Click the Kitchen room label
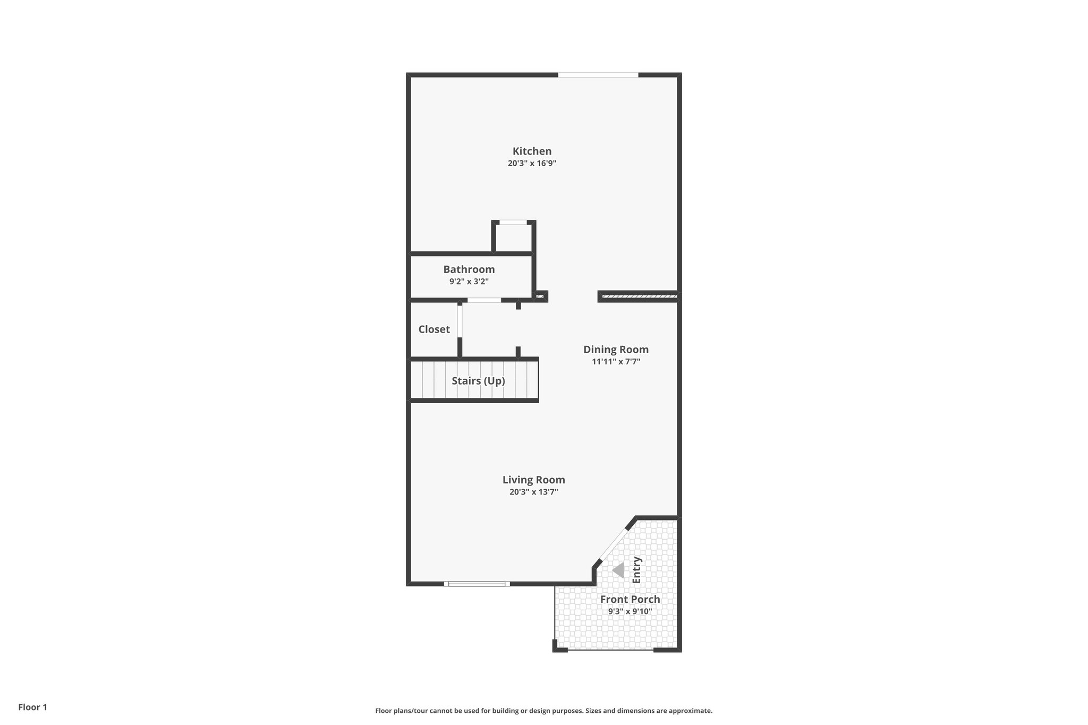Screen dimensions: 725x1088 pyautogui.click(x=532, y=151)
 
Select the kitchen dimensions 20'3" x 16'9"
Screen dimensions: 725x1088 pyautogui.click(x=532, y=164)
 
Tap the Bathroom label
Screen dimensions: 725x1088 pyautogui.click(x=469, y=269)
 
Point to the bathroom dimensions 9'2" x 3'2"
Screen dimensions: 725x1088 pyautogui.click(x=469, y=282)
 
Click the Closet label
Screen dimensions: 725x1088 pyautogui.click(x=434, y=329)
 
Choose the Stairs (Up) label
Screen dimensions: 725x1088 pyautogui.click(x=478, y=381)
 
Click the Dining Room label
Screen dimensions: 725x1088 pyautogui.click(x=616, y=349)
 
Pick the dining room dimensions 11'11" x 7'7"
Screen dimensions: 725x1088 pyautogui.click(x=616, y=362)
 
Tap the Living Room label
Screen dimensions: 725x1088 pyautogui.click(x=533, y=480)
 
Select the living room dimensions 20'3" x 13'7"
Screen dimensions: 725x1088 pyautogui.click(x=533, y=492)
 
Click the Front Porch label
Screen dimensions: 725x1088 pyautogui.click(x=630, y=599)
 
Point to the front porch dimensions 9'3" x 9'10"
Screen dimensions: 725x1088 pyautogui.click(x=630, y=611)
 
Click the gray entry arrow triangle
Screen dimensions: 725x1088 pyautogui.click(x=618, y=570)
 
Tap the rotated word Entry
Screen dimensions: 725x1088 pyautogui.click(x=636, y=570)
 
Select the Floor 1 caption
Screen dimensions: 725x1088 pyautogui.click(x=32, y=707)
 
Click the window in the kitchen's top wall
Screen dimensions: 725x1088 pyautogui.click(x=598, y=75)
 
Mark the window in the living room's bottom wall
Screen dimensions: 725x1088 pyautogui.click(x=477, y=584)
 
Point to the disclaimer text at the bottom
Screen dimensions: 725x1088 pyautogui.click(x=543, y=711)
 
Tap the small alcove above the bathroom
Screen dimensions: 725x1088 pyautogui.click(x=513, y=237)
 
